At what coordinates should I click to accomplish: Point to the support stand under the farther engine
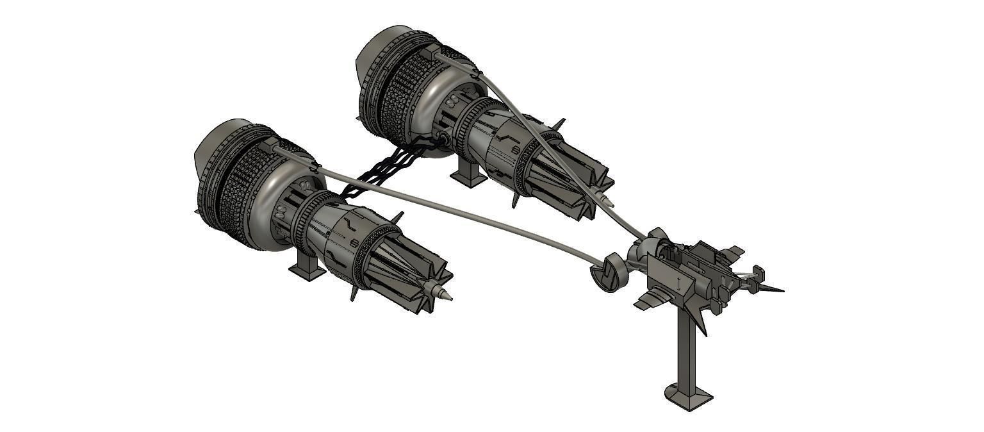click(468, 174)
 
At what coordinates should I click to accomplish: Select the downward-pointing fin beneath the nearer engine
click(354, 292)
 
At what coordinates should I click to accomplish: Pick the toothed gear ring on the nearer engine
click(304, 221)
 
